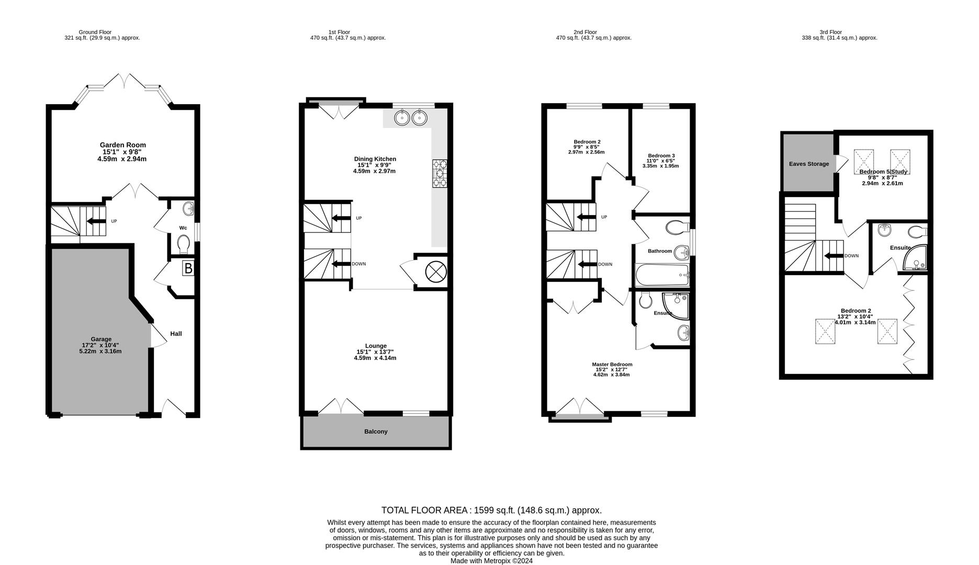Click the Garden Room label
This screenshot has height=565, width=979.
pyautogui.click(x=123, y=145)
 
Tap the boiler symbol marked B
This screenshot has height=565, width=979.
pyautogui.click(x=188, y=269)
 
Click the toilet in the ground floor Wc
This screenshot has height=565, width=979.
pyautogui.click(x=183, y=244)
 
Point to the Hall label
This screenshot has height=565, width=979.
pyautogui.click(x=176, y=334)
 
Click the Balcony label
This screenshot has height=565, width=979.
pyautogui.click(x=376, y=432)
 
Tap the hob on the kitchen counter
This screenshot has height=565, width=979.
pyautogui.click(x=440, y=174)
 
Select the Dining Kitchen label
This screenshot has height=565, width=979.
pyautogui.click(x=375, y=159)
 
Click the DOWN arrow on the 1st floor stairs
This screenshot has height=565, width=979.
pyautogui.click(x=341, y=264)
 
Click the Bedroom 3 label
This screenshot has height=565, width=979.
pyautogui.click(x=661, y=155)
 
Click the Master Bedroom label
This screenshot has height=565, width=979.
pyautogui.click(x=612, y=365)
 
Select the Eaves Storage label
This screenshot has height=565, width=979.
pyautogui.click(x=809, y=164)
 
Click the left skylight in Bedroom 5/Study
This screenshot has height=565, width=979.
pyautogui.click(x=864, y=158)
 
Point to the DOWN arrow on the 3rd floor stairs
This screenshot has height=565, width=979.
pyautogui.click(x=834, y=256)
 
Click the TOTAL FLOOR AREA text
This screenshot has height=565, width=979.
pyautogui.click(x=491, y=510)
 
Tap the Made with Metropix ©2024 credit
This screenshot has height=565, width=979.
pyautogui.click(x=491, y=561)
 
